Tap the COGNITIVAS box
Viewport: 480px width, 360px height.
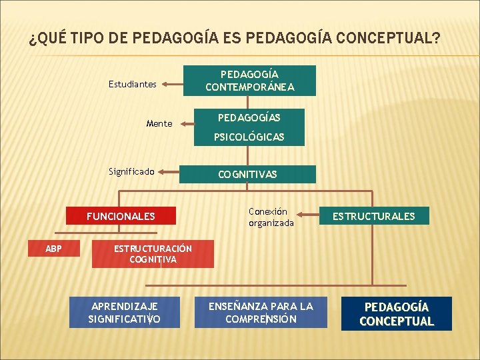pyautogui.click(x=249, y=174)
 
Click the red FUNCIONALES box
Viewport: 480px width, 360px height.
pyautogui.click(x=121, y=216)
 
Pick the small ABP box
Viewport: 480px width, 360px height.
pyautogui.click(x=53, y=249)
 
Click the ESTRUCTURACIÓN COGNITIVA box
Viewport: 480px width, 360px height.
pyautogui.click(x=153, y=254)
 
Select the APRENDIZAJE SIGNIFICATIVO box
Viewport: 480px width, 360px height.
pyautogui.click(x=124, y=313)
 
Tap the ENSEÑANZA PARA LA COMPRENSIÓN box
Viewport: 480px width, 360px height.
pyautogui.click(x=261, y=313)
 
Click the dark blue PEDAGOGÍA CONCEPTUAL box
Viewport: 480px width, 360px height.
pyautogui.click(x=397, y=314)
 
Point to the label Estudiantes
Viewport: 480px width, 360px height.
pyautogui.click(x=133, y=85)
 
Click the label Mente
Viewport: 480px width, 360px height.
pyautogui.click(x=159, y=123)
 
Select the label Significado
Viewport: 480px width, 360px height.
pyautogui.click(x=131, y=171)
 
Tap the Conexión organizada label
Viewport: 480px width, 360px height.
pyautogui.click(x=271, y=217)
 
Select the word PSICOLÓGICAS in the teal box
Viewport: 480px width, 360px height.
pyautogui.click(x=249, y=137)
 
